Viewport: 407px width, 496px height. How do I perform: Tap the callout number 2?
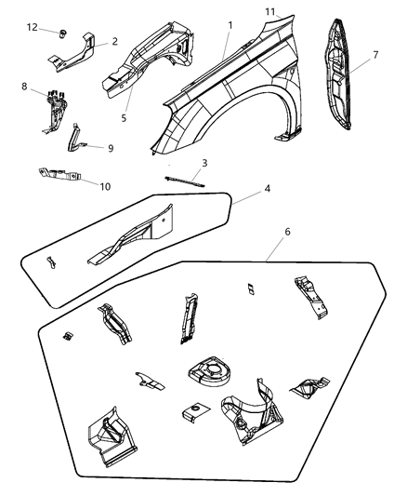(x=114, y=41)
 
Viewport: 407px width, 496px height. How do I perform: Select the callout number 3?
(x=204, y=162)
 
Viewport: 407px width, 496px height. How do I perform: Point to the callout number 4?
(x=267, y=187)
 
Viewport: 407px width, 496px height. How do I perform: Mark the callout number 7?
(x=374, y=56)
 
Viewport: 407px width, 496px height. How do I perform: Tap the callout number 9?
(x=110, y=147)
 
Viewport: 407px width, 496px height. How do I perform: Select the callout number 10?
(x=105, y=186)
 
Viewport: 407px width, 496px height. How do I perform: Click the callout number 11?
(x=269, y=10)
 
